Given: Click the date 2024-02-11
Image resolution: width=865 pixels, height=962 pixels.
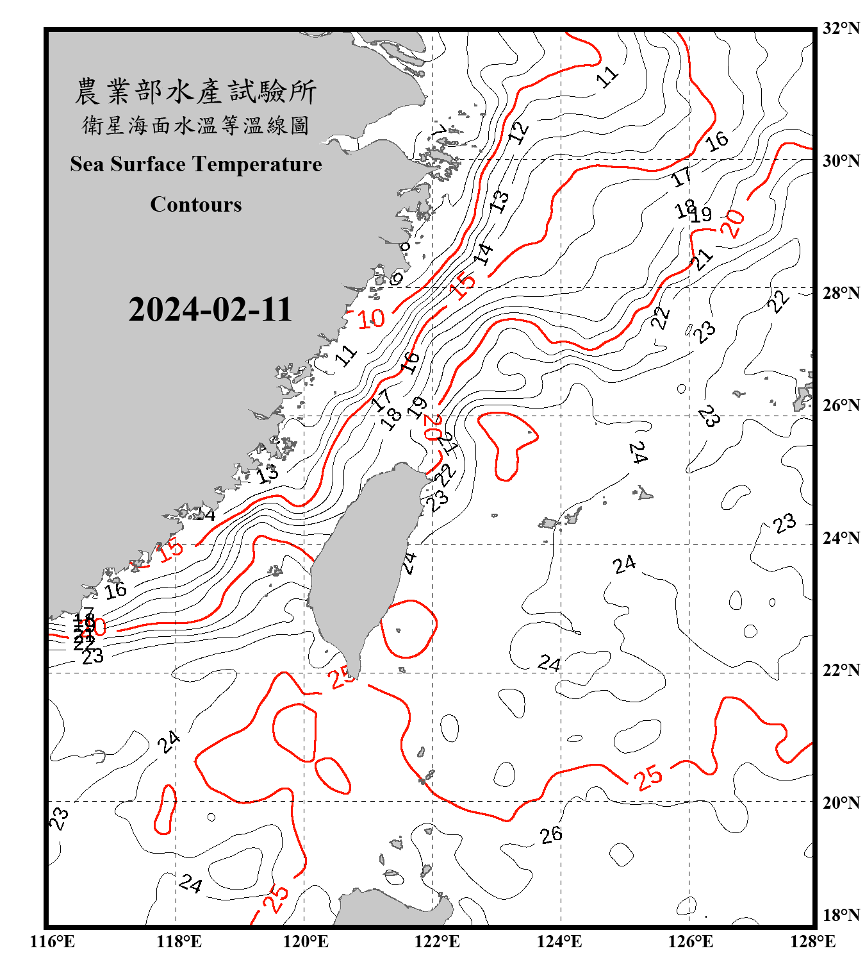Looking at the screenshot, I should coord(210,310).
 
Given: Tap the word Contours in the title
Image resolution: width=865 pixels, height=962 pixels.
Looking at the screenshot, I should coord(196,205).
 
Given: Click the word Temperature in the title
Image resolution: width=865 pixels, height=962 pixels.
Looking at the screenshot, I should coord(257,165).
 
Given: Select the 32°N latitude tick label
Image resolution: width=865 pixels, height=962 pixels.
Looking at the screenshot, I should coord(841,28).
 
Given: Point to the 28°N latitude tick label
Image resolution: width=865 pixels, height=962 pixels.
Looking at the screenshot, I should coord(841,293).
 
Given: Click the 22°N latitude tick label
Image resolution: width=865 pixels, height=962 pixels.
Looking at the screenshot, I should coord(841,670).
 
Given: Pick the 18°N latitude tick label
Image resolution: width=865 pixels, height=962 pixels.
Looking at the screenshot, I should coord(841,915).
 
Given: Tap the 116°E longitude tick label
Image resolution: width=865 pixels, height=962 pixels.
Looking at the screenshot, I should coord(53,941).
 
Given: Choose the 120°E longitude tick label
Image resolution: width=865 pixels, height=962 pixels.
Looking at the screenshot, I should coord(306,941).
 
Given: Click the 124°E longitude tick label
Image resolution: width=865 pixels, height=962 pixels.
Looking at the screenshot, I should coord(559,941).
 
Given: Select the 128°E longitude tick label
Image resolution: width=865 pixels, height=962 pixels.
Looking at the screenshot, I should coord(812,941).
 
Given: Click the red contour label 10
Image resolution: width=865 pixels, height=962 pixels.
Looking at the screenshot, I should coord(371,319).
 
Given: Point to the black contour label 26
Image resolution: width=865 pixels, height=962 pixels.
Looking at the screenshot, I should coord(551,834).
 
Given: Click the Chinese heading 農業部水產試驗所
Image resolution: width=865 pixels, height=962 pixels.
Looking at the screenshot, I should coord(195,92).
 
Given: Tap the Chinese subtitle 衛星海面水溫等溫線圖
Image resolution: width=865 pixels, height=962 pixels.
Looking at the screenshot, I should coord(195,125).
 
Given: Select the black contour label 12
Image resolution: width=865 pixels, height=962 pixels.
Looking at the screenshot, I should coord(518,131).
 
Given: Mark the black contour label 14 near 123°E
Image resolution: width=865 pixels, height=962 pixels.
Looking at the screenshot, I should coord(484,254).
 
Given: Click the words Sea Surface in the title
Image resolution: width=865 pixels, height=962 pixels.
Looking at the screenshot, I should coord(128,165).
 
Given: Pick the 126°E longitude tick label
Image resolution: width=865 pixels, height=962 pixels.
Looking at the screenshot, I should coord(690,941).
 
